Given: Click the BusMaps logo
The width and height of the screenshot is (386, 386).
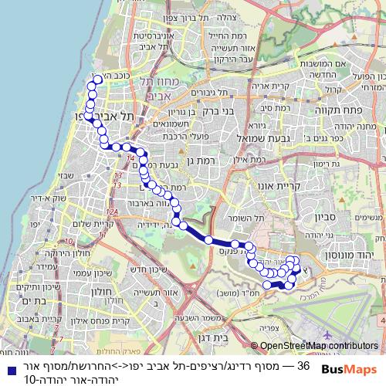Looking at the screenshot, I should pos(350,369).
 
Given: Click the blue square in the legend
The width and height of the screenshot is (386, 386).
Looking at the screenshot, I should pos(8,366).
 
